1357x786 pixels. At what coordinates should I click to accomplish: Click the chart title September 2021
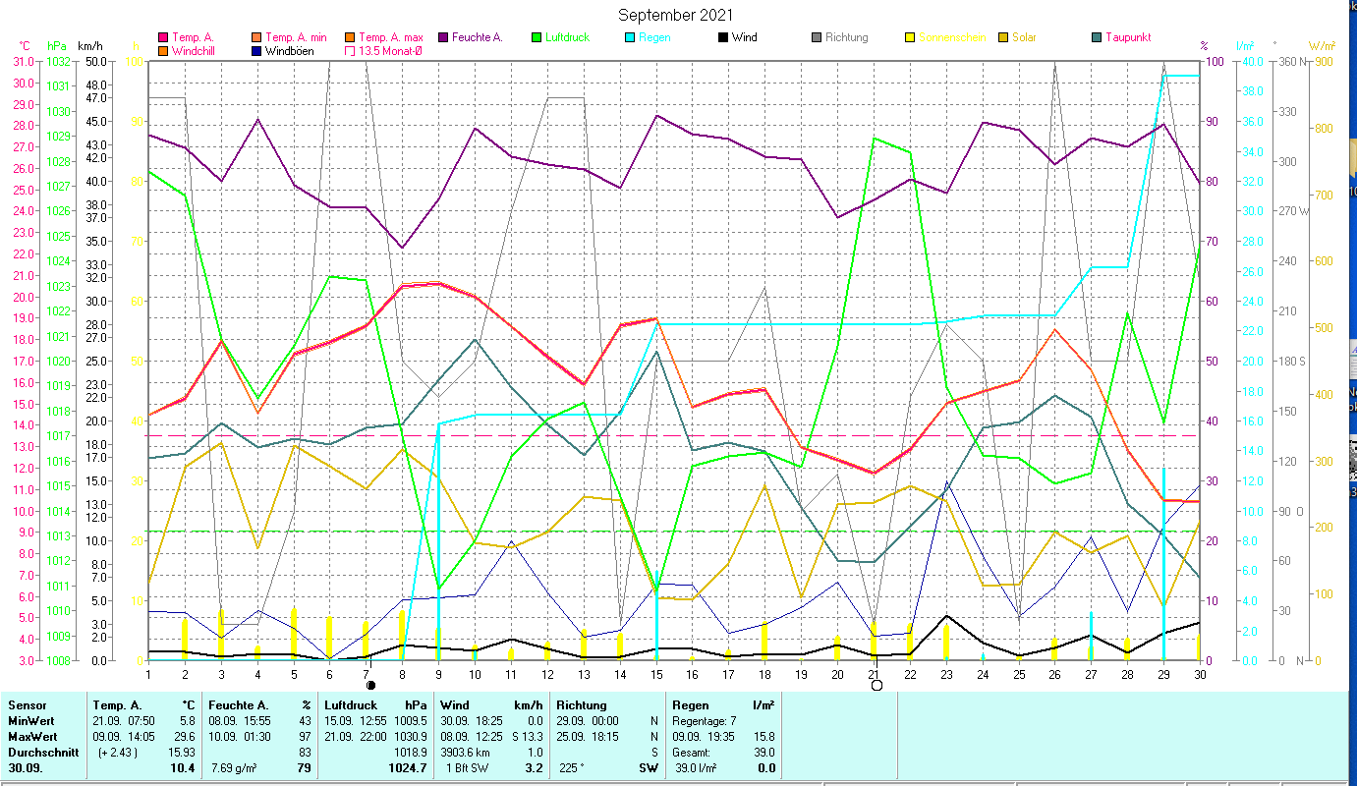675,16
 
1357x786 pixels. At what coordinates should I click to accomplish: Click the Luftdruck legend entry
565,37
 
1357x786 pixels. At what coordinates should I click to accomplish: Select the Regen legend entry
657,37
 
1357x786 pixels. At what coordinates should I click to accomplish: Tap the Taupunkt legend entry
1127,37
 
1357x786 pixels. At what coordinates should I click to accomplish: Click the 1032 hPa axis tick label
58,61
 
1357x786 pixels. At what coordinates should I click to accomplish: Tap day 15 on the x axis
656,673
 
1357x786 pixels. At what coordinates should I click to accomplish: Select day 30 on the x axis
1199,673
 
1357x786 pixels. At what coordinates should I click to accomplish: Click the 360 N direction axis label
1290,61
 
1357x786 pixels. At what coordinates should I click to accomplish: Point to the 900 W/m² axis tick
1322,61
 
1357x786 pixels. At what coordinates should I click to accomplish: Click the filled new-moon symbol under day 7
370,685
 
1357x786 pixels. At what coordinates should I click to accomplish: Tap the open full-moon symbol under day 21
876,685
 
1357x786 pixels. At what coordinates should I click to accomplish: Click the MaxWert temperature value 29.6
183,736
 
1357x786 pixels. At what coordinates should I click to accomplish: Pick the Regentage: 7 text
704,720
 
